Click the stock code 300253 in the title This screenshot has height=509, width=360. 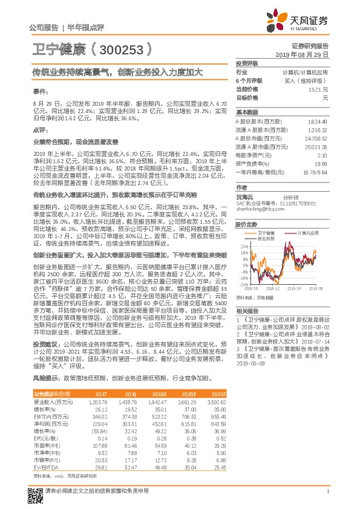pyautogui.click(x=120, y=48)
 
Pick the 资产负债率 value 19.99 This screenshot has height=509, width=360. pyautogui.click(x=321, y=163)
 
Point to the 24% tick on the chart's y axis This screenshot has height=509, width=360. pyautogui.click(x=243, y=246)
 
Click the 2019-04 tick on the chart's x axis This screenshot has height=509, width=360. pyautogui.click(x=298, y=290)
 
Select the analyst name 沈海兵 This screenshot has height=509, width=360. pyautogui.click(x=245, y=197)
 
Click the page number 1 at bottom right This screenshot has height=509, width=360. pyautogui.click(x=327, y=491)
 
